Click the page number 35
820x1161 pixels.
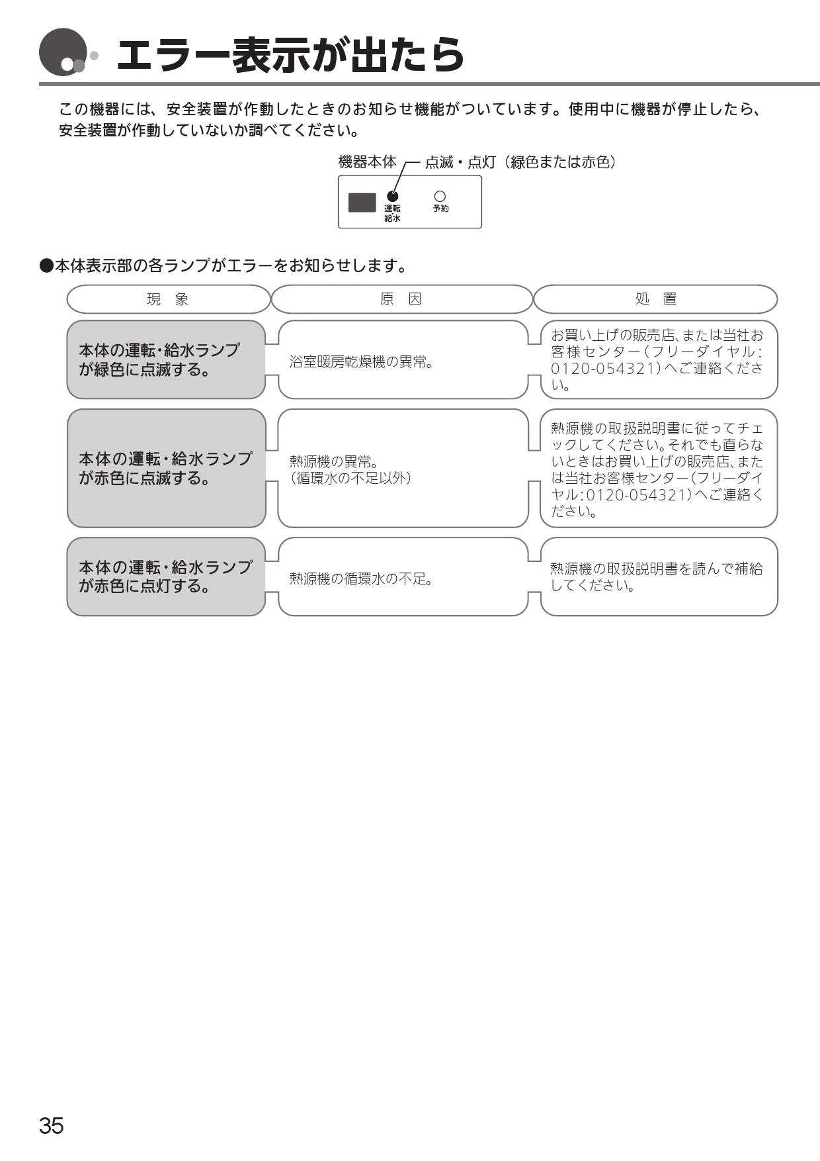52,1126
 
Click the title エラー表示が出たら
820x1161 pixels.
291,55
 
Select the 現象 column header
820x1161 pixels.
168,299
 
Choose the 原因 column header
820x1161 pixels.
401,299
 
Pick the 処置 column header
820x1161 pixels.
655,299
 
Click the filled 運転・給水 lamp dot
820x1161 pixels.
393,196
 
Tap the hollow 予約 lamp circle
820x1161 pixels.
440,196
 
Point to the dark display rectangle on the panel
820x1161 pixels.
362,203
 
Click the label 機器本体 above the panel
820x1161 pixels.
367,162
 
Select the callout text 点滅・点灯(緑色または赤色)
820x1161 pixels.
520,162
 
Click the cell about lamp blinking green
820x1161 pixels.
166,359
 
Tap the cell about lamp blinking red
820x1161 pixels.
166,468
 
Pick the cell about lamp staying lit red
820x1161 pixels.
166,577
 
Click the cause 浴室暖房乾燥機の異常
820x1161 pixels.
362,362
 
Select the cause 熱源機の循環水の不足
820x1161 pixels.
362,579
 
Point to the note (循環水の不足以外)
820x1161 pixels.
350,478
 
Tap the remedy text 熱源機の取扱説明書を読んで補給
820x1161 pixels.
657,569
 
